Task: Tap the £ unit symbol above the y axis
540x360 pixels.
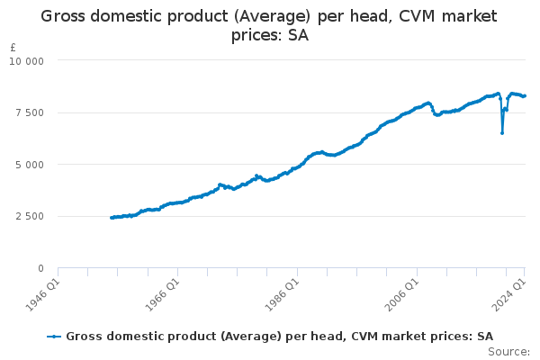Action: [x=13, y=47]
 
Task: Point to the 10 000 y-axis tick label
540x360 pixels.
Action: [x=27, y=60]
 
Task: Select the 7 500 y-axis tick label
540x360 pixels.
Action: [x=30, y=112]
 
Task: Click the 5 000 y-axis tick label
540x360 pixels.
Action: [x=30, y=165]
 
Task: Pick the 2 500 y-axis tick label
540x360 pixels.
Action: [x=30, y=216]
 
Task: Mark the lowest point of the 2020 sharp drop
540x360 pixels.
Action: [x=502, y=133]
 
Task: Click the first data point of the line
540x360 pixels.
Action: [x=112, y=217]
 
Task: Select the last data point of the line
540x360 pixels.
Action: [x=525, y=96]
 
